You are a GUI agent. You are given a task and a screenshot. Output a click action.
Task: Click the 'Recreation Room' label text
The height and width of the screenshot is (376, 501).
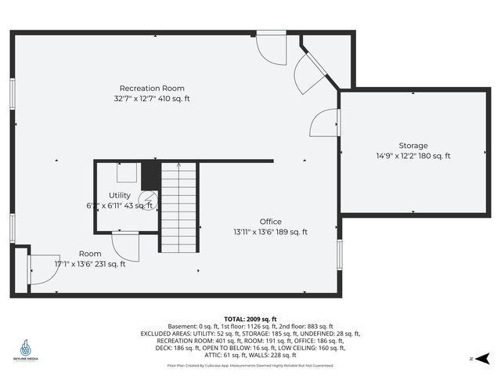point(152,89)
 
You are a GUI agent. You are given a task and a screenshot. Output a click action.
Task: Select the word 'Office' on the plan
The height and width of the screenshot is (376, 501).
point(271,222)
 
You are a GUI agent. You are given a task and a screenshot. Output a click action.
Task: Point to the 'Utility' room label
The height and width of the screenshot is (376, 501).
point(120,195)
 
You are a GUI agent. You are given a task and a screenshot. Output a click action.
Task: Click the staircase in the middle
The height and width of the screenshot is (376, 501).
point(179,208)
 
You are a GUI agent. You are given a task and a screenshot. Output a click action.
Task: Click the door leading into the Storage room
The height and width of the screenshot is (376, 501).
point(325,123)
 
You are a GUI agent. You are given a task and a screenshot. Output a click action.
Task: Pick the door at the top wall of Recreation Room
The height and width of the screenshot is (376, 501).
point(272,48)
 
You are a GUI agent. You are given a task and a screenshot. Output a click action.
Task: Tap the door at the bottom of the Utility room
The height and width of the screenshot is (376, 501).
point(125,246)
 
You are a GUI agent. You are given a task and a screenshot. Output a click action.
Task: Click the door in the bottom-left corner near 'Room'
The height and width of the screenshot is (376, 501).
point(44,269)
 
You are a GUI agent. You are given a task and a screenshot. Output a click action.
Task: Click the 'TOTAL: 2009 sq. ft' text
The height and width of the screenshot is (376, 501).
point(250,320)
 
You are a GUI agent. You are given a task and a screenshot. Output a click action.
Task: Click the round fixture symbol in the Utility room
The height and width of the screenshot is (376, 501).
point(148,201)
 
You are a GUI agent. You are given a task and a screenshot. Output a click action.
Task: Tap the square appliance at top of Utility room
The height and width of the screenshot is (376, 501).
point(128,172)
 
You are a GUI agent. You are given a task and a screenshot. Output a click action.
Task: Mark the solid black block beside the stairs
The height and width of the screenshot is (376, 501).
point(151,175)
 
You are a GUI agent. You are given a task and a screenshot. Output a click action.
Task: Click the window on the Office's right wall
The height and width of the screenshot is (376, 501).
point(339,253)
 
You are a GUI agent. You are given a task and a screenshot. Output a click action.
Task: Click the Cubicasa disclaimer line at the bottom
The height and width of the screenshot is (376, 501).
point(250,365)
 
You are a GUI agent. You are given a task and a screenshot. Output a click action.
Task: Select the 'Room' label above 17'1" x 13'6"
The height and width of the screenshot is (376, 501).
point(90,254)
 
